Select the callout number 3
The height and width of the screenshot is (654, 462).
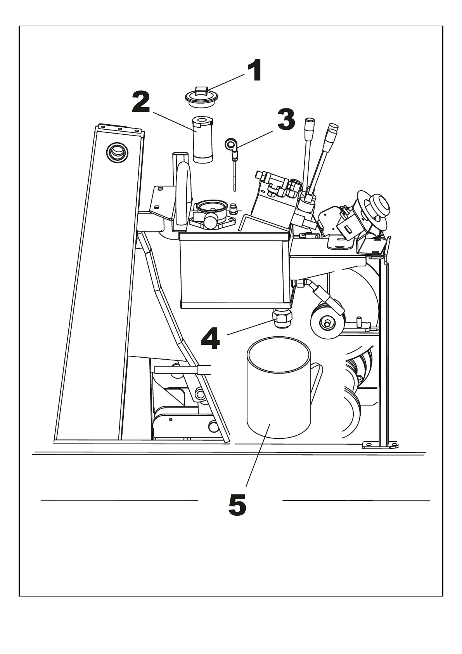tap(286, 120)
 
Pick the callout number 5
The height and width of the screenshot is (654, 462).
tap(237, 504)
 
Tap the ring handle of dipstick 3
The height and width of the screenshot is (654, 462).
tap(230, 144)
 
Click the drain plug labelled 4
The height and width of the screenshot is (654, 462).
tap(282, 318)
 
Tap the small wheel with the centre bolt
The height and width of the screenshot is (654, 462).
tap(327, 323)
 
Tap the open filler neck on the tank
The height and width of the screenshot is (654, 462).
tap(211, 206)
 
